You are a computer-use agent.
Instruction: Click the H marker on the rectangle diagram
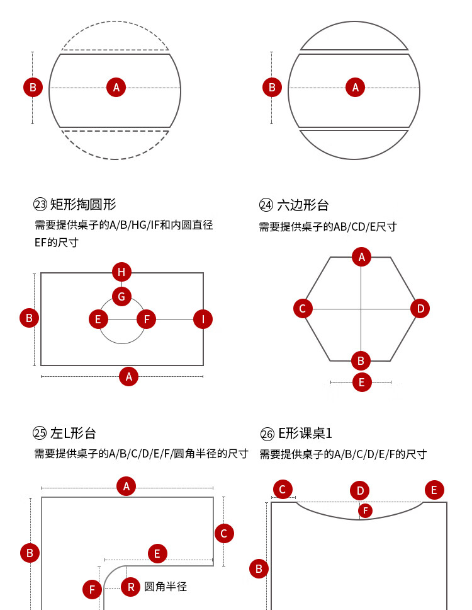121,272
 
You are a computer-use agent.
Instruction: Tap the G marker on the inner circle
121,296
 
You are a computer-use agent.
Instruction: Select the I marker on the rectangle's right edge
203,319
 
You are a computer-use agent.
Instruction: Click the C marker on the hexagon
303,308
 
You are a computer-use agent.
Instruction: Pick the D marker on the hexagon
420,308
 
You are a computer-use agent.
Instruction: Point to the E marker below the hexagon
361,382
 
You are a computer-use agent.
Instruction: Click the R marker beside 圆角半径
130,587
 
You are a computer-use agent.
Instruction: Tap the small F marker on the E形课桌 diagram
364,510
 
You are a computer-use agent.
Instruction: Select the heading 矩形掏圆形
83,204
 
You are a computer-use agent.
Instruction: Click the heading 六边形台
303,205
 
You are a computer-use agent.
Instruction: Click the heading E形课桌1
305,433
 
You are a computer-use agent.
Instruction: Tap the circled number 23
40,204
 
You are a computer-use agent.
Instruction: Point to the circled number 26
267,434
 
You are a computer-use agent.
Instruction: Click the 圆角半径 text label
166,587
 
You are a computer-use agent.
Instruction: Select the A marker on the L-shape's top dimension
126,486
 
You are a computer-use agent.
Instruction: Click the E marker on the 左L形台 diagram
157,554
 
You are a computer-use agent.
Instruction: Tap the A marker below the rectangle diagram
128,377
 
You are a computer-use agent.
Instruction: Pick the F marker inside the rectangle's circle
146,319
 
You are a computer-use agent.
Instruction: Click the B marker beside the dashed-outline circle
33,88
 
